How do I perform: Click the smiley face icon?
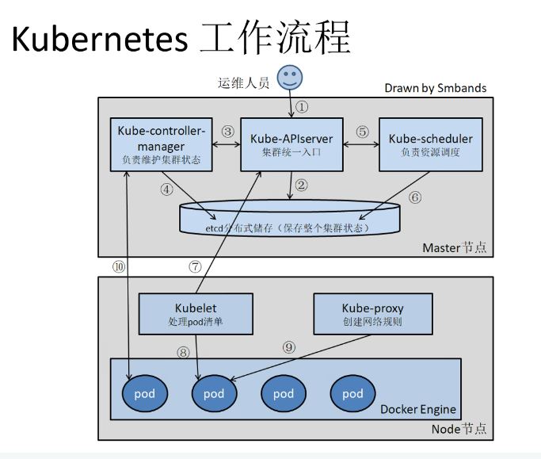(290, 78)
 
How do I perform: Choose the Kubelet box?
(195, 313)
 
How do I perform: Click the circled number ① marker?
(302, 106)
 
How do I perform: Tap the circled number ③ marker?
(228, 131)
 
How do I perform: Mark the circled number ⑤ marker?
(363, 131)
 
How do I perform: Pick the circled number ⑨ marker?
(288, 346)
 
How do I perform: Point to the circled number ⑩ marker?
(119, 267)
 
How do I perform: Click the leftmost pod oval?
(144, 393)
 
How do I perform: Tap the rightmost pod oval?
(352, 393)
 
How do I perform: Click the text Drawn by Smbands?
(435, 87)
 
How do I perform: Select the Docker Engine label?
(418, 409)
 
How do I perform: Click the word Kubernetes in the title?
(101, 38)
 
